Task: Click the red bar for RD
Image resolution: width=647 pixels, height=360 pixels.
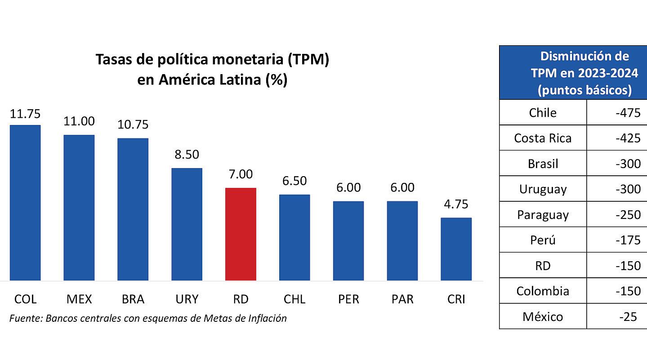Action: (x=241, y=234)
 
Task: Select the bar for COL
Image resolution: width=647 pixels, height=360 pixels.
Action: (x=25, y=203)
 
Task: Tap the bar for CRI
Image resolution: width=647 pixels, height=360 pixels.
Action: (x=456, y=249)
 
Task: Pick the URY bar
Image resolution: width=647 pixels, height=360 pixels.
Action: (x=187, y=224)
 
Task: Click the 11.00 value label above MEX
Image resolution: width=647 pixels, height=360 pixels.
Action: (x=79, y=121)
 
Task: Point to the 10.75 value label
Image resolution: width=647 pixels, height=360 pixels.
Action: (x=133, y=124)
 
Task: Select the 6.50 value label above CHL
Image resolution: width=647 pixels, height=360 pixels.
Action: (x=294, y=181)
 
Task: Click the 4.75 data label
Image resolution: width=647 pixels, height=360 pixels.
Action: (x=456, y=204)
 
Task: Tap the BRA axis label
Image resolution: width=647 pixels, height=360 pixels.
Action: (x=133, y=299)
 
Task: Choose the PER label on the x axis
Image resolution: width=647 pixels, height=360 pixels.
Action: (x=348, y=299)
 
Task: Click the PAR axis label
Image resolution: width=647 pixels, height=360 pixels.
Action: (x=402, y=299)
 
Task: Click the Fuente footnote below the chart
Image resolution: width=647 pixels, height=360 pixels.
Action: (x=148, y=319)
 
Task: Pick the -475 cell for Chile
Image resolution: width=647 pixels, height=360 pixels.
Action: (x=628, y=113)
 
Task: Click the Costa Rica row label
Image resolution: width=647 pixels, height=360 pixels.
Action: (x=543, y=138)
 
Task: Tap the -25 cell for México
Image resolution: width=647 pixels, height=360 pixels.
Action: (x=628, y=317)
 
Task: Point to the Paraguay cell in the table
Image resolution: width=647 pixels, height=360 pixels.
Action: (x=543, y=215)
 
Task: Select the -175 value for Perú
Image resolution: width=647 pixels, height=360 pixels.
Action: (x=628, y=240)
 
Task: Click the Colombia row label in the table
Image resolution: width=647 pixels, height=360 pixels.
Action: (x=543, y=291)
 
